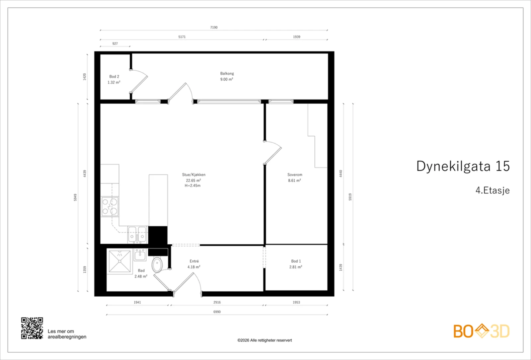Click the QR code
click(x=32, y=328)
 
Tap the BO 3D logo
click(x=482, y=331)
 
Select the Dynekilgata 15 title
click(x=463, y=166)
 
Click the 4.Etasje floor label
click(x=493, y=190)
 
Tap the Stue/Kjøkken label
click(x=194, y=175)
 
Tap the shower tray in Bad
click(x=120, y=261)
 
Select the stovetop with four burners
click(x=110, y=207)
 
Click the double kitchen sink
click(x=137, y=235)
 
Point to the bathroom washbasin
click(x=140, y=255)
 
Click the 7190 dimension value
click(x=214, y=28)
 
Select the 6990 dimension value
click(x=217, y=312)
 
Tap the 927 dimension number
click(x=115, y=43)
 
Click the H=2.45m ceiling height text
click(x=193, y=185)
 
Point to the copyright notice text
click(x=265, y=340)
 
